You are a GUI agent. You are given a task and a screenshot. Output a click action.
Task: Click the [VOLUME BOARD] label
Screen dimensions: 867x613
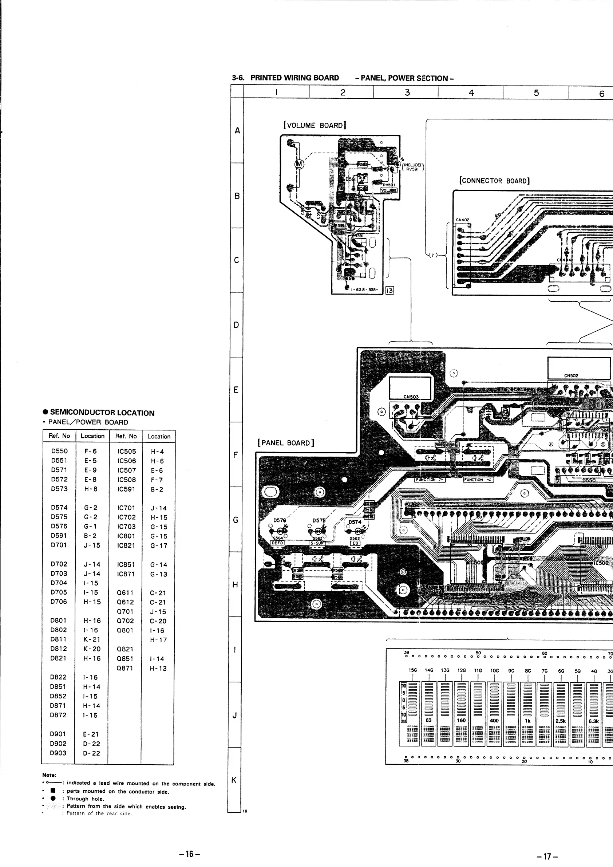tap(315, 125)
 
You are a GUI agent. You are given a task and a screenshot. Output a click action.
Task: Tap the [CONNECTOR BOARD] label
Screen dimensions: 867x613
tap(494, 181)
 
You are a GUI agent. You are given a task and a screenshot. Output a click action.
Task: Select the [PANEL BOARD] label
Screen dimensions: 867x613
tap(286, 442)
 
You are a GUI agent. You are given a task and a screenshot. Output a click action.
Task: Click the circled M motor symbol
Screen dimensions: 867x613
tap(299, 164)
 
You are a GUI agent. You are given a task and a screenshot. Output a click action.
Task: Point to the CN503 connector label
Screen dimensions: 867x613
tap(411, 397)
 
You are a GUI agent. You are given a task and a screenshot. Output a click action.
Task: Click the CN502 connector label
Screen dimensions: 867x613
tap(571, 375)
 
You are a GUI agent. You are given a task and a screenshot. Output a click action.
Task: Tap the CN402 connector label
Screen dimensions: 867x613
tap(462, 220)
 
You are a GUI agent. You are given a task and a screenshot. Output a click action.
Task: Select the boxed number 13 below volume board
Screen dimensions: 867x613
tap(389, 290)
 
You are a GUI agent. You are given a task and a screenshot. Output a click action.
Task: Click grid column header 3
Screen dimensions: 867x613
tap(407, 92)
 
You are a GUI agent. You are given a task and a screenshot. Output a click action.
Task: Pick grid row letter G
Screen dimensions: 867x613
tap(236, 520)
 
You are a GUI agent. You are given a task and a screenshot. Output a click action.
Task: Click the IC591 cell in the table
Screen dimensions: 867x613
tap(126, 489)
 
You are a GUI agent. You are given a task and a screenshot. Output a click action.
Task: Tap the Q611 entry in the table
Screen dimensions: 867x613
tap(125, 592)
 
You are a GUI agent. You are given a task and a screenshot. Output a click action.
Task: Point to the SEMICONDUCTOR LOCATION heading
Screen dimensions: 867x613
tap(102, 413)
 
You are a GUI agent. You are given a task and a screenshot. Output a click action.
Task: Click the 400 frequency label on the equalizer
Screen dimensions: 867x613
tap(494, 721)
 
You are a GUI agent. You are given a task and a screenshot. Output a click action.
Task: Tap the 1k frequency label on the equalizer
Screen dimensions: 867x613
tap(527, 721)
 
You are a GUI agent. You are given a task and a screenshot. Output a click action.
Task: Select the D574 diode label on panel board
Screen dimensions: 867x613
tap(355, 522)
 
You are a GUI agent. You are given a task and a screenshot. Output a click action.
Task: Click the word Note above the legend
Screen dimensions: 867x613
tap(49, 775)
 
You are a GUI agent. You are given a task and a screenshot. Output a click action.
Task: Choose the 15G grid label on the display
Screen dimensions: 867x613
tap(412, 670)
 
